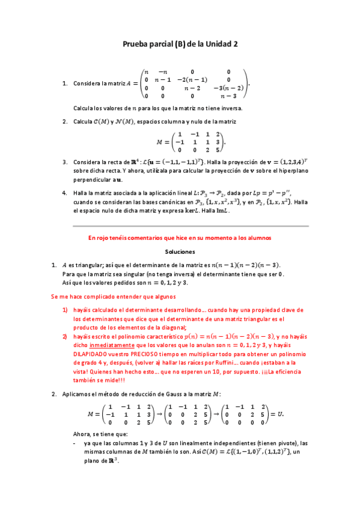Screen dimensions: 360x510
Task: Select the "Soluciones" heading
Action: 180,252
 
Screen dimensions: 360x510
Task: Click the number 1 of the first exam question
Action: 64,84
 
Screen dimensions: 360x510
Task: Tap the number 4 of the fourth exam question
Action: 64,193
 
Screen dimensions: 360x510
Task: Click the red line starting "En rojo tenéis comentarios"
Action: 180,238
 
